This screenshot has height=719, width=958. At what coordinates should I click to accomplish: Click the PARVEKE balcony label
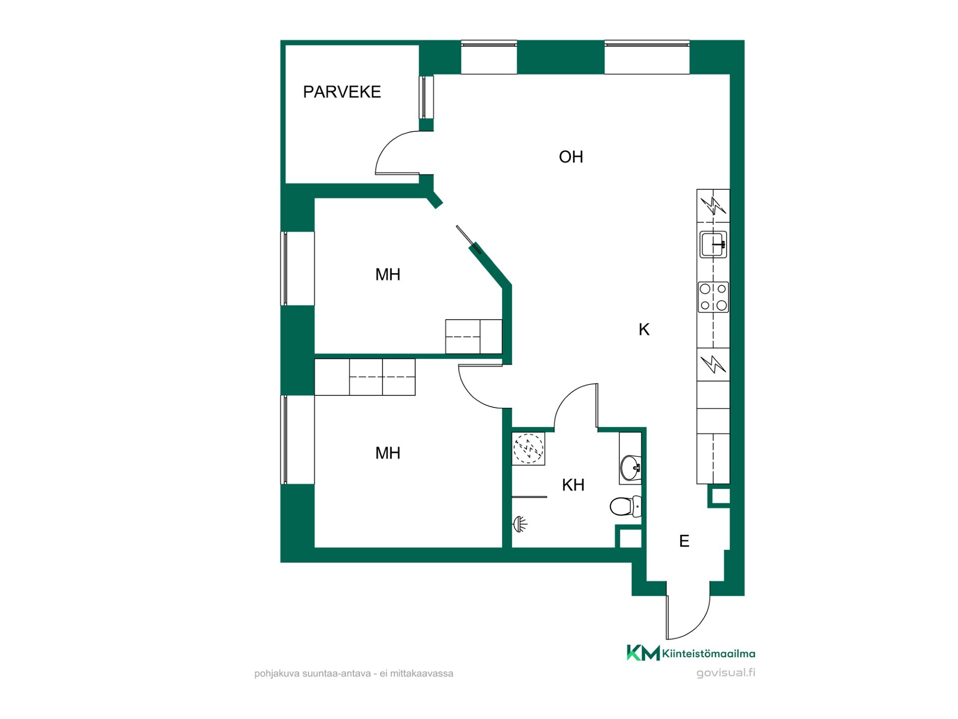[x=342, y=92]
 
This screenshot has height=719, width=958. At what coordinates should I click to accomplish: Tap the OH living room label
[x=571, y=157]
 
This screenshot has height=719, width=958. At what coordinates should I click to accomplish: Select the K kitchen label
[x=644, y=330]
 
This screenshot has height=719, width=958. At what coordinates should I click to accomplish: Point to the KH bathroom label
[x=573, y=485]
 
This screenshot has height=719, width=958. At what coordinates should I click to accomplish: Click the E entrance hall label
[x=684, y=541]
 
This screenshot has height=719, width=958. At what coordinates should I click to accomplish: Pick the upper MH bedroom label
[x=388, y=275]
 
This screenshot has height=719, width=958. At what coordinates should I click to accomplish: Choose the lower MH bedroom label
[x=388, y=453]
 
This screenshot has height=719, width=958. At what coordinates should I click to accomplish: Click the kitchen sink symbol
[x=713, y=244]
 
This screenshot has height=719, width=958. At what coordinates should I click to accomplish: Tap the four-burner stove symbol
[x=713, y=297]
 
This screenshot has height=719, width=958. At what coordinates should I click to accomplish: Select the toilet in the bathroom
[x=625, y=506]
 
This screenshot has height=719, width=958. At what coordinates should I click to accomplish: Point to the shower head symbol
[x=520, y=524]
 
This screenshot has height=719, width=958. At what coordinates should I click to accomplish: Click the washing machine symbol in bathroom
[x=528, y=449]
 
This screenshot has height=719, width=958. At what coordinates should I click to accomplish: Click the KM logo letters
[x=643, y=653]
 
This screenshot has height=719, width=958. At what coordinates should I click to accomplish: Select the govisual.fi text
[x=726, y=673]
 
